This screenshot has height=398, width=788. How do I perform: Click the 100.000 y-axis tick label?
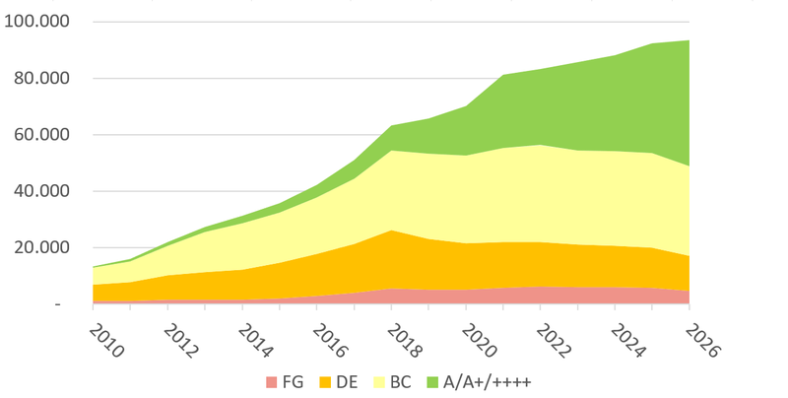click(x=36, y=22)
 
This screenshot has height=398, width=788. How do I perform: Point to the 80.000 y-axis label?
click(x=41, y=78)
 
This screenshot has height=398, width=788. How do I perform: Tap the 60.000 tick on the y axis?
click(x=41, y=135)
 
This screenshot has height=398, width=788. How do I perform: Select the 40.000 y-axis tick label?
click(x=41, y=191)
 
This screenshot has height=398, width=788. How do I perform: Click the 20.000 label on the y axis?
click(x=41, y=247)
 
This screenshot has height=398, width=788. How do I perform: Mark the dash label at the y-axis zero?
click(x=58, y=304)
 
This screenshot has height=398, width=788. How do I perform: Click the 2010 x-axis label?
click(x=106, y=341)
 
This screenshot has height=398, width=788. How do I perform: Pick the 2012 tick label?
click(x=180, y=341)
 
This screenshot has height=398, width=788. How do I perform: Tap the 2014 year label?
click(x=255, y=341)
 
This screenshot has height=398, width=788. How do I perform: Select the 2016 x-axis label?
click(x=330, y=341)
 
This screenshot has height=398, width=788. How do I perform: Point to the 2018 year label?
click(x=404, y=341)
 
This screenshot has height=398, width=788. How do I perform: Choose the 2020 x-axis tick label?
click(x=479, y=341)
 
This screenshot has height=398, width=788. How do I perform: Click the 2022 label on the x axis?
click(x=554, y=341)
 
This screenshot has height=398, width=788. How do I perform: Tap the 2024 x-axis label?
click(x=627, y=341)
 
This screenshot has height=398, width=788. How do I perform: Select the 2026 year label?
click(x=702, y=341)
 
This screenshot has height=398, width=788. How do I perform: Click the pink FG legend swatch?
click(x=272, y=382)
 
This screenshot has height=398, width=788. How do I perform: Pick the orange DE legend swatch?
click(x=325, y=382)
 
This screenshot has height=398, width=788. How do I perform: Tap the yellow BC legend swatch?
click(x=379, y=382)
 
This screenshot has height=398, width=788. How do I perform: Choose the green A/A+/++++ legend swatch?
click(x=432, y=382)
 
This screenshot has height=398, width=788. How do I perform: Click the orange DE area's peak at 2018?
click(x=391, y=231)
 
